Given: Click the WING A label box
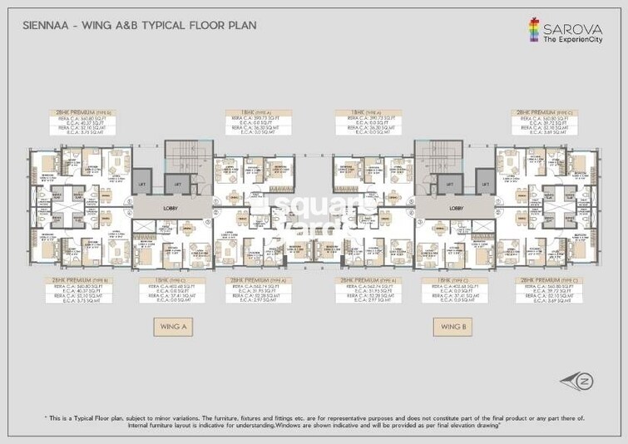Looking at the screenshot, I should pos(171,328).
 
